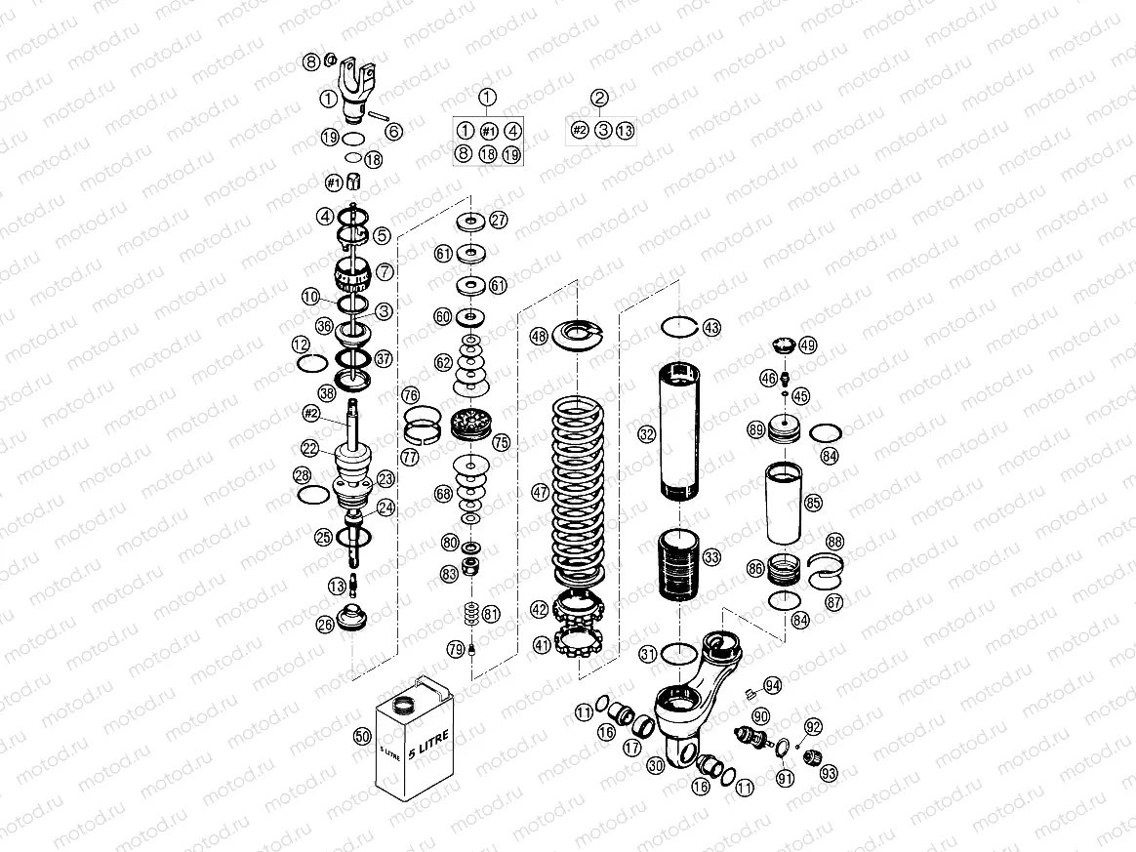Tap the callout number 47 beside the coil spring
540,494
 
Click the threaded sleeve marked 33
681,564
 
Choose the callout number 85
813,503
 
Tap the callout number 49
807,345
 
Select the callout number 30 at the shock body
655,766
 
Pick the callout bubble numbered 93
829,774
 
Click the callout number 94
773,685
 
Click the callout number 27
498,221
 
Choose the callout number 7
384,271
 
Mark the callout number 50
361,738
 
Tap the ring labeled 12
311,364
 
